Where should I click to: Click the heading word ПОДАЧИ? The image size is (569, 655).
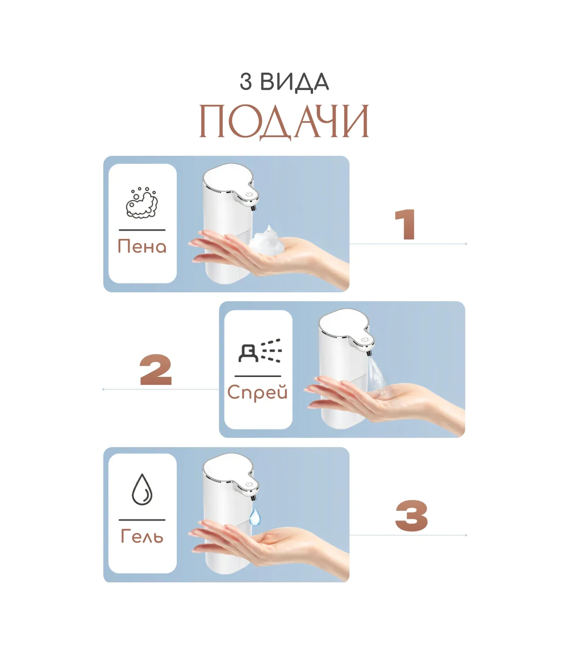284,122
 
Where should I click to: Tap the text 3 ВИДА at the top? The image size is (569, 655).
284,82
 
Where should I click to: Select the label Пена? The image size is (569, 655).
142,246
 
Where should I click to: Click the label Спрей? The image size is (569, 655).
258,393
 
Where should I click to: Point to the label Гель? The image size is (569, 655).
142,536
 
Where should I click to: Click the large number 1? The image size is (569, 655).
405,224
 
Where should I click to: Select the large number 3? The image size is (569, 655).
411,515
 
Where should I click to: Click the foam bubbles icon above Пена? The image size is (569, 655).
142,203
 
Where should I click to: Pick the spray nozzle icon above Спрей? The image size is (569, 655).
260,350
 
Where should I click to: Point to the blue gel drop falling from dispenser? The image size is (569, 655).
255,517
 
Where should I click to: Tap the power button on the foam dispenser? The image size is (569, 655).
250,194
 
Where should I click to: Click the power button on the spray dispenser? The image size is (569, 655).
365,340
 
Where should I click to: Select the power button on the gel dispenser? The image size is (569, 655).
250,484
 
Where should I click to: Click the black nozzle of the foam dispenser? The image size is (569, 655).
254,208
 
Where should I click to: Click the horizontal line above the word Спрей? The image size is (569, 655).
258,376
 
